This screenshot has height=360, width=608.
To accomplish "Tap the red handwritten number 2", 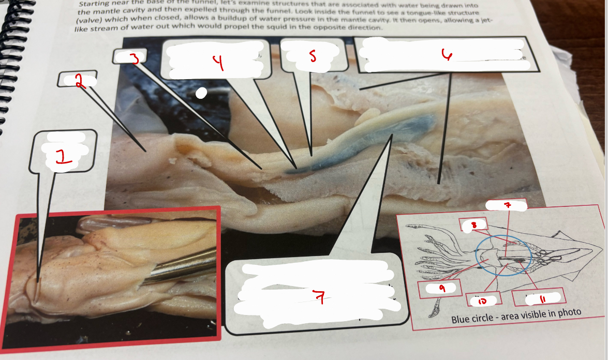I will pos(79,81).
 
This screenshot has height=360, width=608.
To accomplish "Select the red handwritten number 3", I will pos(135,58).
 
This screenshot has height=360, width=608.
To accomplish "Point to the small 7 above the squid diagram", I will pos(508,205).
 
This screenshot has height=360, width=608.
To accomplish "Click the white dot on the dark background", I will pos(202,93).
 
